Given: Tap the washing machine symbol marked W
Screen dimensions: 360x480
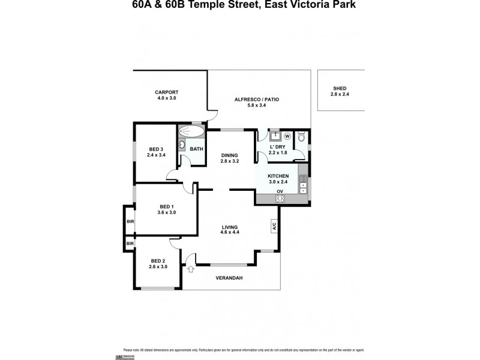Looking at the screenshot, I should (x=287, y=136).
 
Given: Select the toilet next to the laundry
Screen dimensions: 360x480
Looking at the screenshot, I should (x=302, y=137).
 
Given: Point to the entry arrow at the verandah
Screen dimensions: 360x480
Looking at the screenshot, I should (x=190, y=268).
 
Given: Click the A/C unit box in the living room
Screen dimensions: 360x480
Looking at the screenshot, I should (x=274, y=226).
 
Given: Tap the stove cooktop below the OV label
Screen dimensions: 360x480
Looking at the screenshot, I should (x=279, y=199).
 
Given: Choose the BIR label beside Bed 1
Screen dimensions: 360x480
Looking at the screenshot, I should (x=129, y=221).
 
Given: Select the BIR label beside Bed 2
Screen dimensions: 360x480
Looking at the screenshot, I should (x=129, y=243).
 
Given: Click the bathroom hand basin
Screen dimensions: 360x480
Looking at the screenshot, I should (x=182, y=145).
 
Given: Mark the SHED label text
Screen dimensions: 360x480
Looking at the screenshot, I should (x=340, y=88).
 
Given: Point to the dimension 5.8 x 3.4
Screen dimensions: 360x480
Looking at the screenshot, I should (x=256, y=106).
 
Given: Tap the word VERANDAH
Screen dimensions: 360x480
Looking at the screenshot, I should (x=229, y=278).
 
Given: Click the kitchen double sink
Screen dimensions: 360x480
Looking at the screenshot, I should (x=302, y=181).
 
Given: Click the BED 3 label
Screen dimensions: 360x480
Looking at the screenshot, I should (x=155, y=149).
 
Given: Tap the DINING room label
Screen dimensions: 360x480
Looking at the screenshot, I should (x=230, y=155).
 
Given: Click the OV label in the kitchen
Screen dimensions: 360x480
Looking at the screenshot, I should (x=279, y=191).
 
